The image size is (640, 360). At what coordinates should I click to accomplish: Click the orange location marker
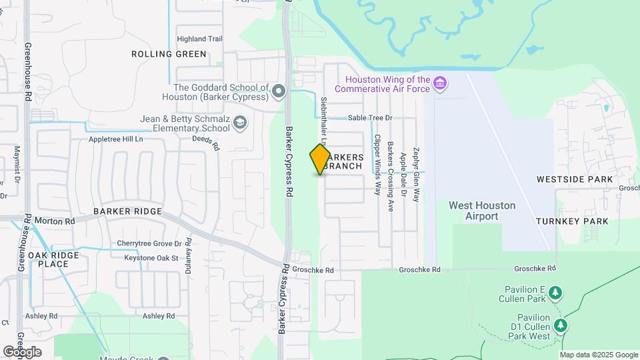(321, 159)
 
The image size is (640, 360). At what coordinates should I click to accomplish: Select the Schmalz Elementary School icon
(240, 122)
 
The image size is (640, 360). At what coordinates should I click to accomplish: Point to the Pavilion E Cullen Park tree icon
(555, 293)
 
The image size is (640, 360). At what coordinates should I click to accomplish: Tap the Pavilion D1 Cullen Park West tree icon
(561, 325)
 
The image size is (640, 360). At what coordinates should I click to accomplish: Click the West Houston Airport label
(482, 211)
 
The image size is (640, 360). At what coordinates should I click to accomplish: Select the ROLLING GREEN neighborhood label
(169, 54)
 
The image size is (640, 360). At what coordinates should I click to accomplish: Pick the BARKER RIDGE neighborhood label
(127, 211)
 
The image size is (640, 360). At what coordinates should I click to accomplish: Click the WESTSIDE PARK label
(574, 179)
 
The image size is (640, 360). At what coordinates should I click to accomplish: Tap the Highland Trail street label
(199, 39)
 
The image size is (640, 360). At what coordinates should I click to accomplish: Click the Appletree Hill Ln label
(116, 140)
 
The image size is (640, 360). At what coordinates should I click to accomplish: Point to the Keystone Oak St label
(147, 258)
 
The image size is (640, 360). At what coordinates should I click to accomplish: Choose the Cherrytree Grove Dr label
(149, 243)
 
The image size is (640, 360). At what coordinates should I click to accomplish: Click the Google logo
(22, 351)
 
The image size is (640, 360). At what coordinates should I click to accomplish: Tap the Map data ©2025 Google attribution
(599, 355)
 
